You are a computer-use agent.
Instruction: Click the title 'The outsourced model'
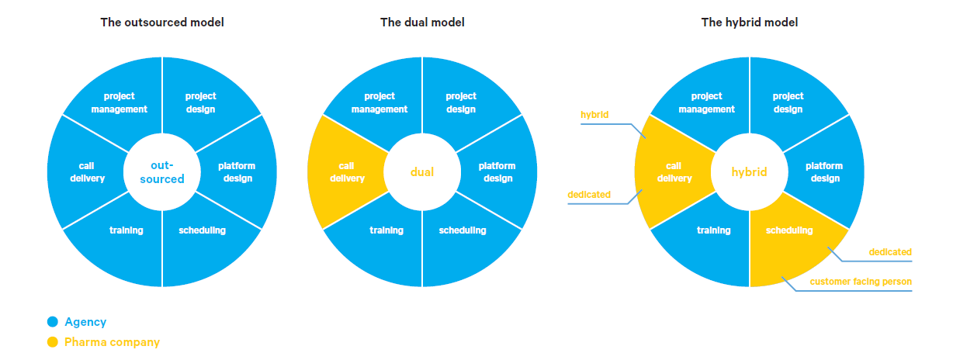162,22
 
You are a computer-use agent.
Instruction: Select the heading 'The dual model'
422,22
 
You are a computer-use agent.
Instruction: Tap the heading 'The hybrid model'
749,22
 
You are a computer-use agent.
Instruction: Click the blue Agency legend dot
52,322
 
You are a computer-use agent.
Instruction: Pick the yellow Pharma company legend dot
52,342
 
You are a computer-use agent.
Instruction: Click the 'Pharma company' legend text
112,342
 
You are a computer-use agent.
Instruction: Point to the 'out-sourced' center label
162,172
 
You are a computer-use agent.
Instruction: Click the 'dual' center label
422,172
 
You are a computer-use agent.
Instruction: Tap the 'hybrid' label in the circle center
749,172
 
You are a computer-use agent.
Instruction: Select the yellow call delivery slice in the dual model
341,172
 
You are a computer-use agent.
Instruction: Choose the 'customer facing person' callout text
861,282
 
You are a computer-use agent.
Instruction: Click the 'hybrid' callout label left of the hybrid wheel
594,115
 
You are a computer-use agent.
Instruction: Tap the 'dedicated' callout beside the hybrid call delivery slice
589,195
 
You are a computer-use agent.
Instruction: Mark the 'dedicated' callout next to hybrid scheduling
890,252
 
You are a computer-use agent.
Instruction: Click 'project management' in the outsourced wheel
120,102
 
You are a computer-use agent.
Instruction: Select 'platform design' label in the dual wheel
497,172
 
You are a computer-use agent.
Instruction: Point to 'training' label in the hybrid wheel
713,230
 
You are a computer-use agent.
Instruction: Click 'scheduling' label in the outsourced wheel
202,230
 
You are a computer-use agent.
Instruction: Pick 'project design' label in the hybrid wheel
788,102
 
